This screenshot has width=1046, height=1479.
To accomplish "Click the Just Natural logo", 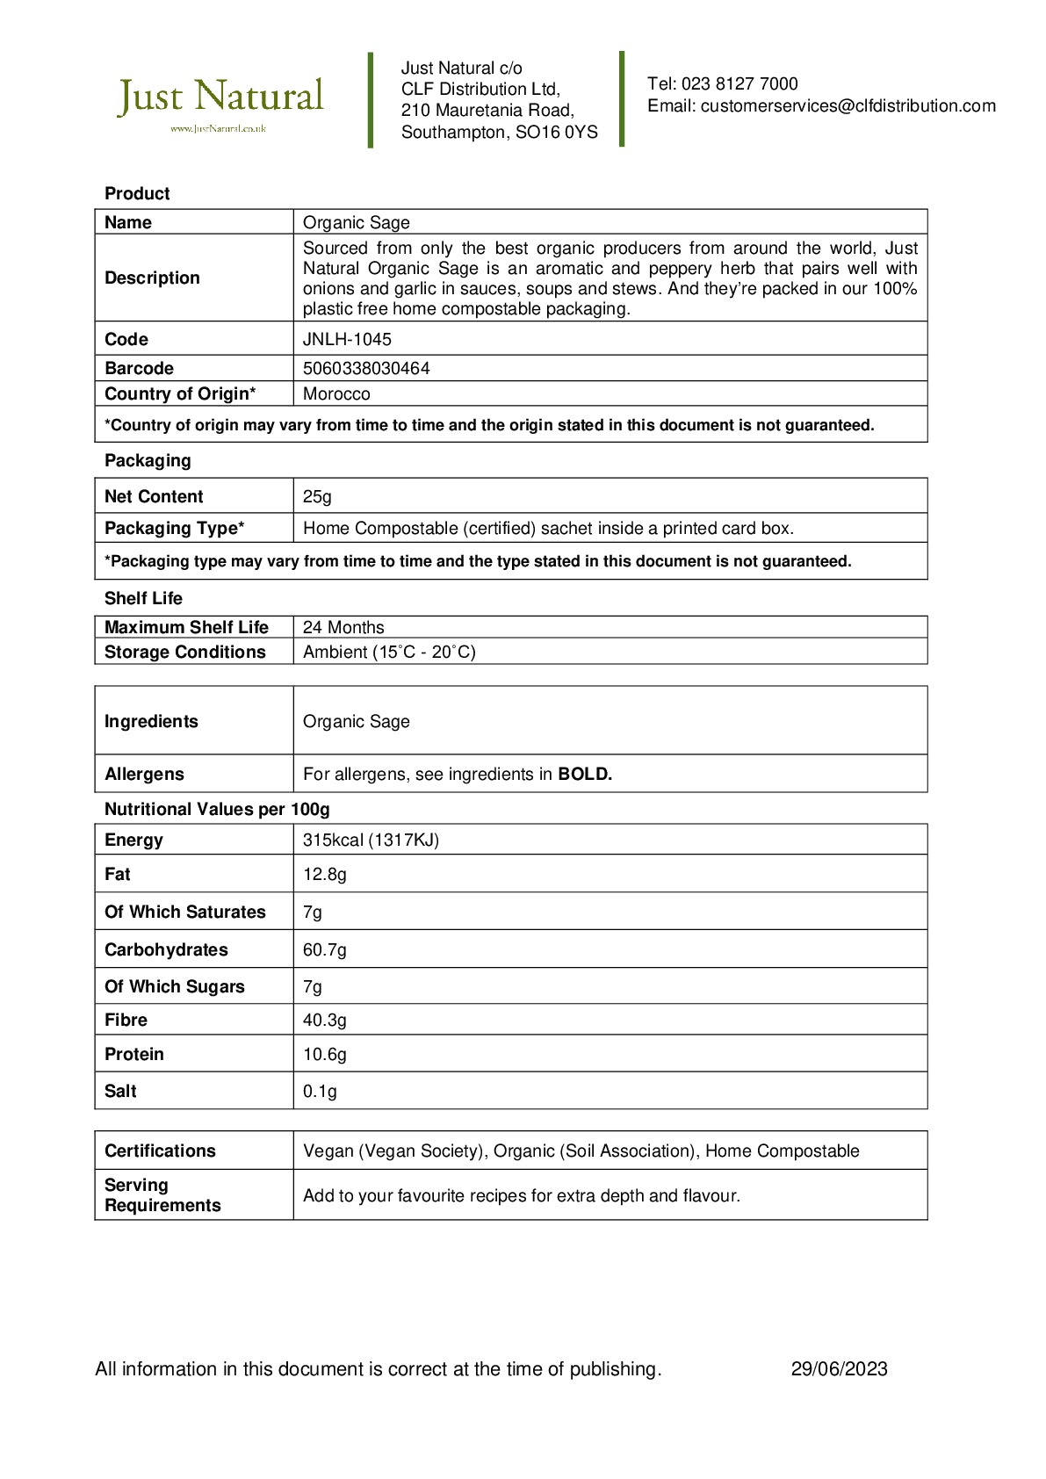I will [x=220, y=102].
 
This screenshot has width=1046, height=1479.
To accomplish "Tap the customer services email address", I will [x=848, y=106].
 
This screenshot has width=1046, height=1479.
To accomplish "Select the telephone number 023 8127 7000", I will [x=739, y=84].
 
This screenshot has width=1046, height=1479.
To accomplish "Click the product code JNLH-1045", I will [x=347, y=339].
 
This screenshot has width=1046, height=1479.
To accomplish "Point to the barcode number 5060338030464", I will [x=366, y=368].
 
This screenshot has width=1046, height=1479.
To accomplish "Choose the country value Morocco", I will [x=336, y=393].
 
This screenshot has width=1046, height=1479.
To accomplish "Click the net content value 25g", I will [x=317, y=496].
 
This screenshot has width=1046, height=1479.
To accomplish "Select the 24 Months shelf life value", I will [x=343, y=627].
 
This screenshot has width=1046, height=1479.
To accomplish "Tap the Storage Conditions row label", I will [x=184, y=652].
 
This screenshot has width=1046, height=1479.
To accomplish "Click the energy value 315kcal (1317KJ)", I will [x=371, y=840].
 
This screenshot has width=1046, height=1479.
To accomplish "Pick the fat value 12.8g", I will [x=324, y=874].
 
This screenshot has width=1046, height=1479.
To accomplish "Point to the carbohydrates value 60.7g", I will [x=324, y=949].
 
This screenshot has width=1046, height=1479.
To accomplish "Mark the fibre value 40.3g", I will [x=324, y=1020].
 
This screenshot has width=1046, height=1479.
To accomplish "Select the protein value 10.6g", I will [x=324, y=1054].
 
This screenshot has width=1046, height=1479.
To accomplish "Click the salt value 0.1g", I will [x=320, y=1091].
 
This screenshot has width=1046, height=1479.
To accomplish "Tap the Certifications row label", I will [x=160, y=1151].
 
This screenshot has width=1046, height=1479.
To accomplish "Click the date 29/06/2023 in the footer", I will [x=839, y=1368].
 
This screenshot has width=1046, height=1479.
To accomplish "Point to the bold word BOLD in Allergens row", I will [x=585, y=774].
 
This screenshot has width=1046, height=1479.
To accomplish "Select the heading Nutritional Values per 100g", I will [x=217, y=809].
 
